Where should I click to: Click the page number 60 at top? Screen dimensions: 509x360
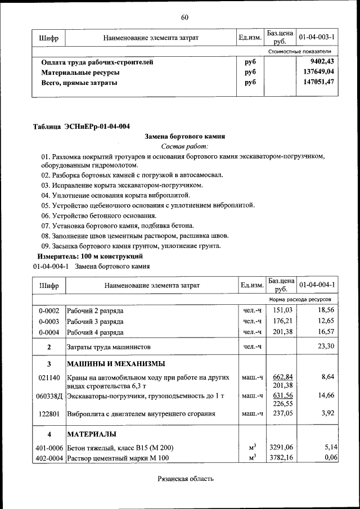pos(184,17)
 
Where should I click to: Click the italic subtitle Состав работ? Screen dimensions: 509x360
pos(184,146)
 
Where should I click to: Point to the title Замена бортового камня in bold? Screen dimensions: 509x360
pos(184,136)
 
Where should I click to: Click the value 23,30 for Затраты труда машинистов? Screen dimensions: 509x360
pos(326,346)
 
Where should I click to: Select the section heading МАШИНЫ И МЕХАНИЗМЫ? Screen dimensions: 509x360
pos(116,363)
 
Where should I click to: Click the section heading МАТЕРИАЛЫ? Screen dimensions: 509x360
pos(92,434)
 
